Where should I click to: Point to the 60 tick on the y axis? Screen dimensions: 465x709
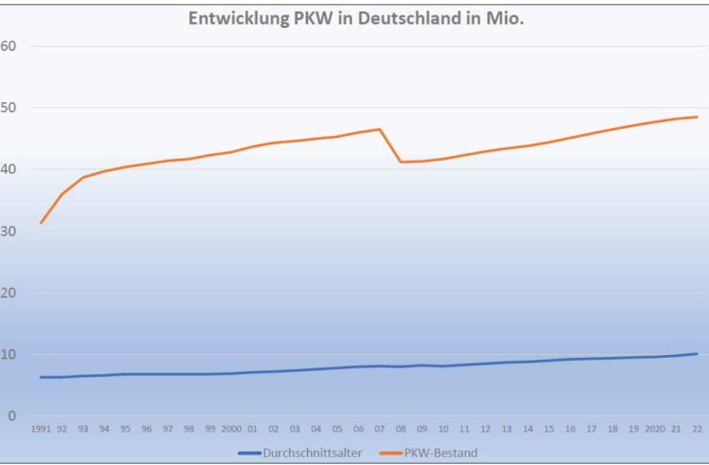click(x=10, y=46)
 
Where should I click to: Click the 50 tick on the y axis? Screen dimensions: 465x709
click(x=10, y=107)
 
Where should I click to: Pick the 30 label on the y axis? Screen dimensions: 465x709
click(x=10, y=231)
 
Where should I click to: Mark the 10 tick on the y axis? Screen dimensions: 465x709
click(x=10, y=354)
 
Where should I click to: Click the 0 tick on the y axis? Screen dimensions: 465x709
click(x=12, y=416)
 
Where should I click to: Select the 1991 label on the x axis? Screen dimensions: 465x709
click(x=41, y=430)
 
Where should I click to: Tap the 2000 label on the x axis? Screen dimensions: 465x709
click(x=231, y=430)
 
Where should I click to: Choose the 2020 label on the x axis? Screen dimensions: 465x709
click(x=654, y=430)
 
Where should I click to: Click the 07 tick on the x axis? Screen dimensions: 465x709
click(x=379, y=430)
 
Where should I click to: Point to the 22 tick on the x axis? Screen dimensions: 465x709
click(x=697, y=430)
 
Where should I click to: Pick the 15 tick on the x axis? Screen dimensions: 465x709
click(x=548, y=430)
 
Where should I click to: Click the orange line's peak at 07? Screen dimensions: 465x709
click(x=379, y=129)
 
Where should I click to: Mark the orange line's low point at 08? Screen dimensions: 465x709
click(x=401, y=162)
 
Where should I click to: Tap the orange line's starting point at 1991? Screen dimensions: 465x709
click(x=41, y=223)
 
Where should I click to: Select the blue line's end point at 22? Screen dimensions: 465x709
click(x=697, y=353)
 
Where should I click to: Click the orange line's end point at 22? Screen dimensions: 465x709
click(x=697, y=117)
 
